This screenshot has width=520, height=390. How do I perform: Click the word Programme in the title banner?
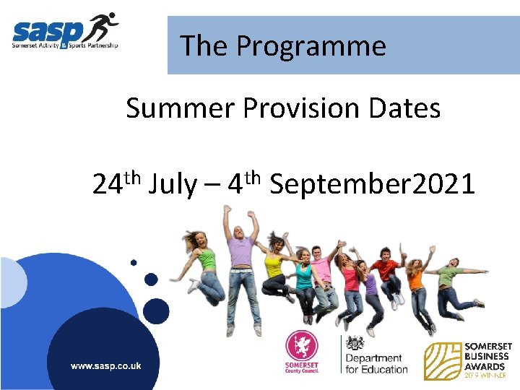pyautogui.click(x=311, y=46)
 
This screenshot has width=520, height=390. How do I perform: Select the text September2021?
pyautogui.click(x=372, y=185)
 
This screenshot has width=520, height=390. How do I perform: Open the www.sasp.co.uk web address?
pyautogui.click(x=105, y=366)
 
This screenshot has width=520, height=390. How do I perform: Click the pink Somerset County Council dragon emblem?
pyautogui.click(x=300, y=346)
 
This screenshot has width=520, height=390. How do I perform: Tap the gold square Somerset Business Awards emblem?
pyautogui.click(x=443, y=361)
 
